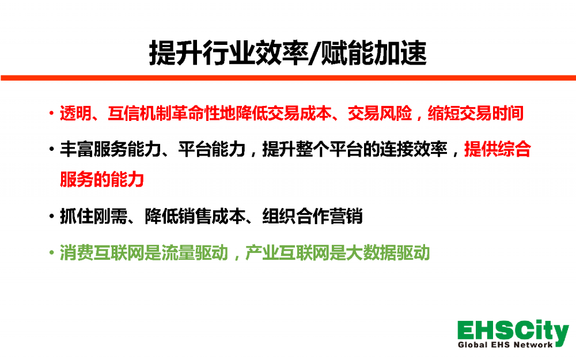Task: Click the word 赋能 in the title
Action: coord(347,53)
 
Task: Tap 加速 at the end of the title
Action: coord(400,53)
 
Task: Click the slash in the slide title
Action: coord(314,54)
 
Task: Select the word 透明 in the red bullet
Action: coord(75,113)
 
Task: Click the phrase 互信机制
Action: coord(140,113)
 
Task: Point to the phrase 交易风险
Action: coord(380,113)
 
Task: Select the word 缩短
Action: coord(444,113)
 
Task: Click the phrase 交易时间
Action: coord(491,113)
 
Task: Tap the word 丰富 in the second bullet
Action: coord(77,149)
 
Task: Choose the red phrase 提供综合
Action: coord(498,149)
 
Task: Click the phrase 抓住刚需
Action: coord(93,216)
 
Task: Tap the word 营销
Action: coord(346,216)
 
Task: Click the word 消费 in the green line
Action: coord(77,253)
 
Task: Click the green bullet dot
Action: coord(51,253)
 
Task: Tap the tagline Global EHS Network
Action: coord(505,344)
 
